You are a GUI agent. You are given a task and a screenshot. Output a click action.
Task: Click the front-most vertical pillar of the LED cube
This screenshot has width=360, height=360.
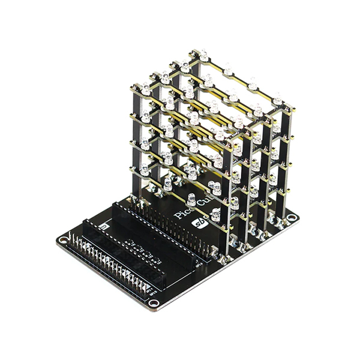(230, 192)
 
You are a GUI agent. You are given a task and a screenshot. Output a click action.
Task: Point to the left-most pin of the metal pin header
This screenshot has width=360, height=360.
(71, 239)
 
